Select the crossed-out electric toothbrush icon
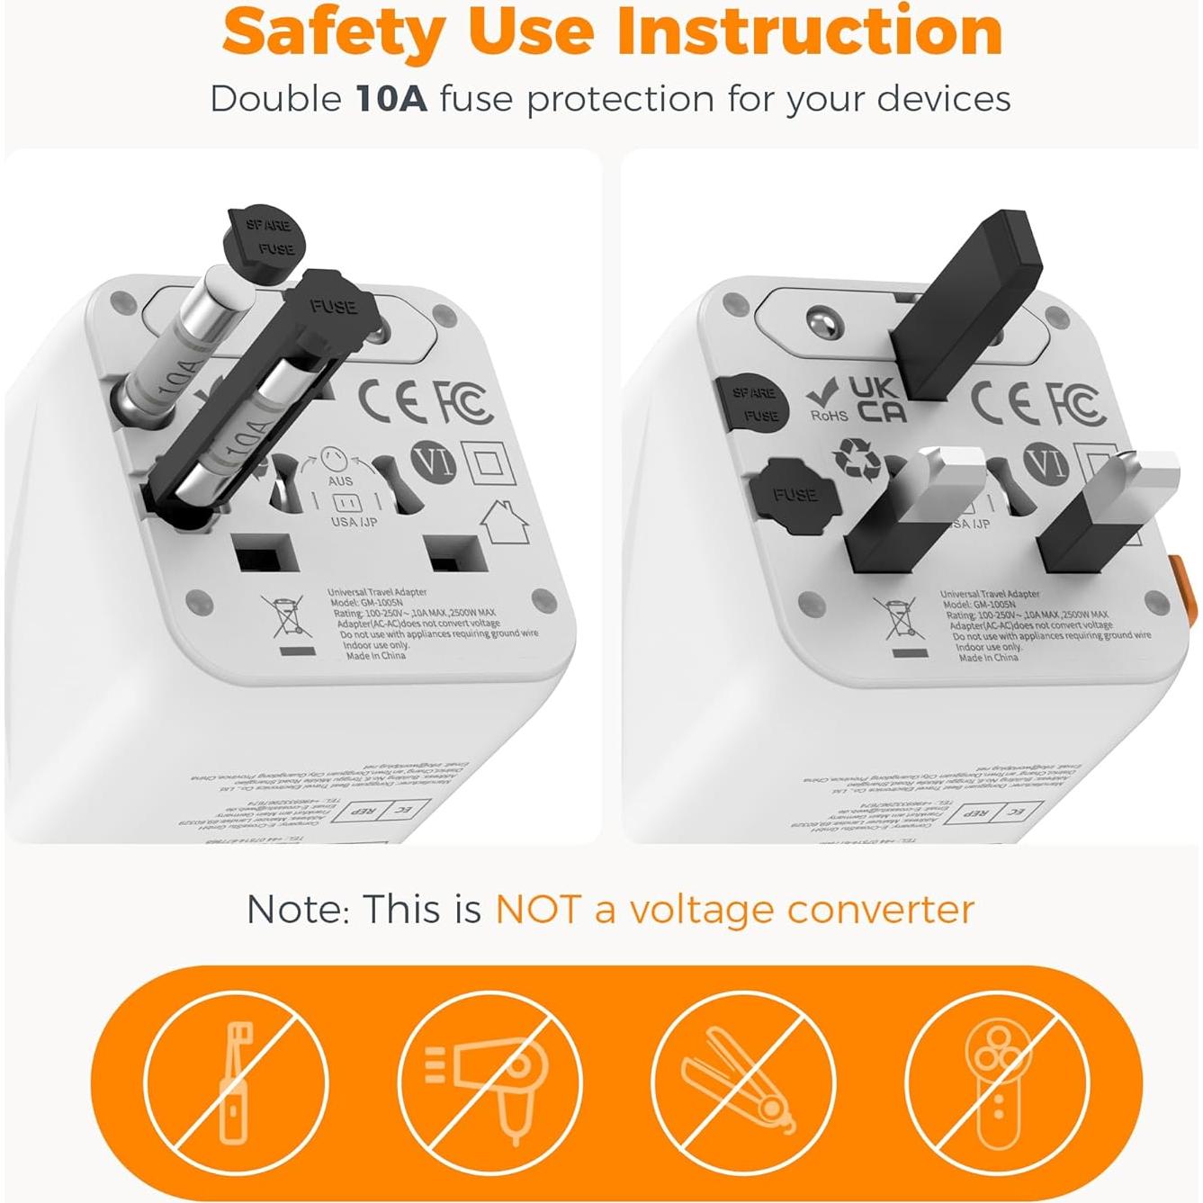click(236, 1081)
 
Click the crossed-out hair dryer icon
click(489, 1081)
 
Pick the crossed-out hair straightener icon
click(742, 1081)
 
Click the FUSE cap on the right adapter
click(792, 493)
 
